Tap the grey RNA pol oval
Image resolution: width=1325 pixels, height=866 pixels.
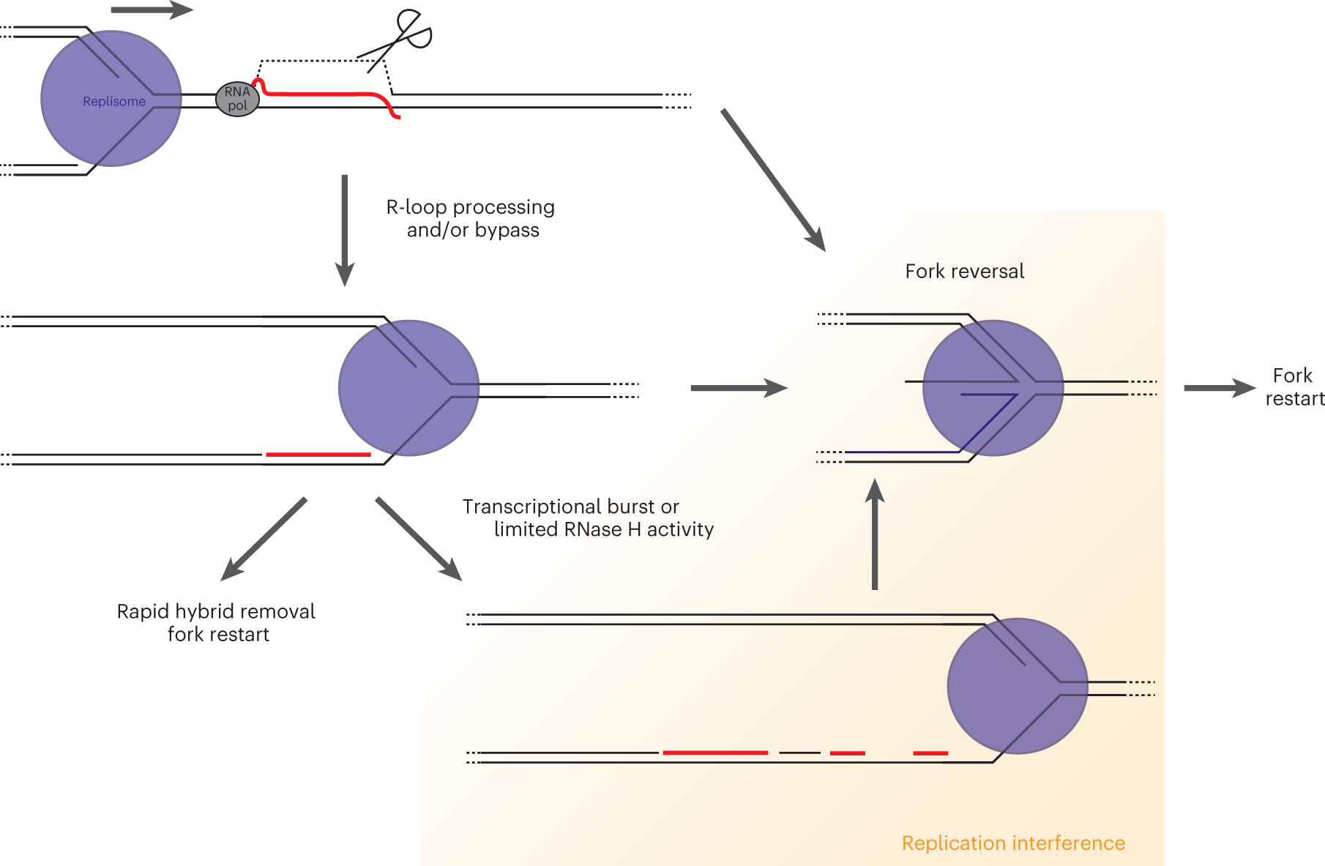[237, 99]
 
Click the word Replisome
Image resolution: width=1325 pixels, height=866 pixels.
[114, 102]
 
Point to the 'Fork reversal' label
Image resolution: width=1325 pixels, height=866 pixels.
[964, 272]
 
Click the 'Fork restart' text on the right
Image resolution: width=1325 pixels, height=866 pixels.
[1294, 387]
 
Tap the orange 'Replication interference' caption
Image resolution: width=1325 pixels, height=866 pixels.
[1012, 843]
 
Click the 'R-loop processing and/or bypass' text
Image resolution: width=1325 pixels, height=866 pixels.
[471, 218]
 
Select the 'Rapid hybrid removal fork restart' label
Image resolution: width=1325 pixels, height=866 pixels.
[217, 622]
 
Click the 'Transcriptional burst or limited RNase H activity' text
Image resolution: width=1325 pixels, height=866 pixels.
[587, 518]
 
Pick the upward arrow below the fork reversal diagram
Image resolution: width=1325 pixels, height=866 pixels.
[875, 534]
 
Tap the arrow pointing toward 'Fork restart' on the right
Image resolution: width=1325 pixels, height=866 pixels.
[1218, 388]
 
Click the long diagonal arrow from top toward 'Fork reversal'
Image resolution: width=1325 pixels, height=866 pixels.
[772, 179]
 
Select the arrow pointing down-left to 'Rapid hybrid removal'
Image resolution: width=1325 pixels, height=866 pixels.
[264, 539]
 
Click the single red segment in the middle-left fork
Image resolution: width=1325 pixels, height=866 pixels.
[318, 455]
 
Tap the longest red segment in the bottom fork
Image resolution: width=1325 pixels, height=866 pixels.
[714, 753]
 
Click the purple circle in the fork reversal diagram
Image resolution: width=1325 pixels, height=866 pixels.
[993, 388]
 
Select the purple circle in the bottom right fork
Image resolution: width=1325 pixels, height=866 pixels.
[1017, 686]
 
